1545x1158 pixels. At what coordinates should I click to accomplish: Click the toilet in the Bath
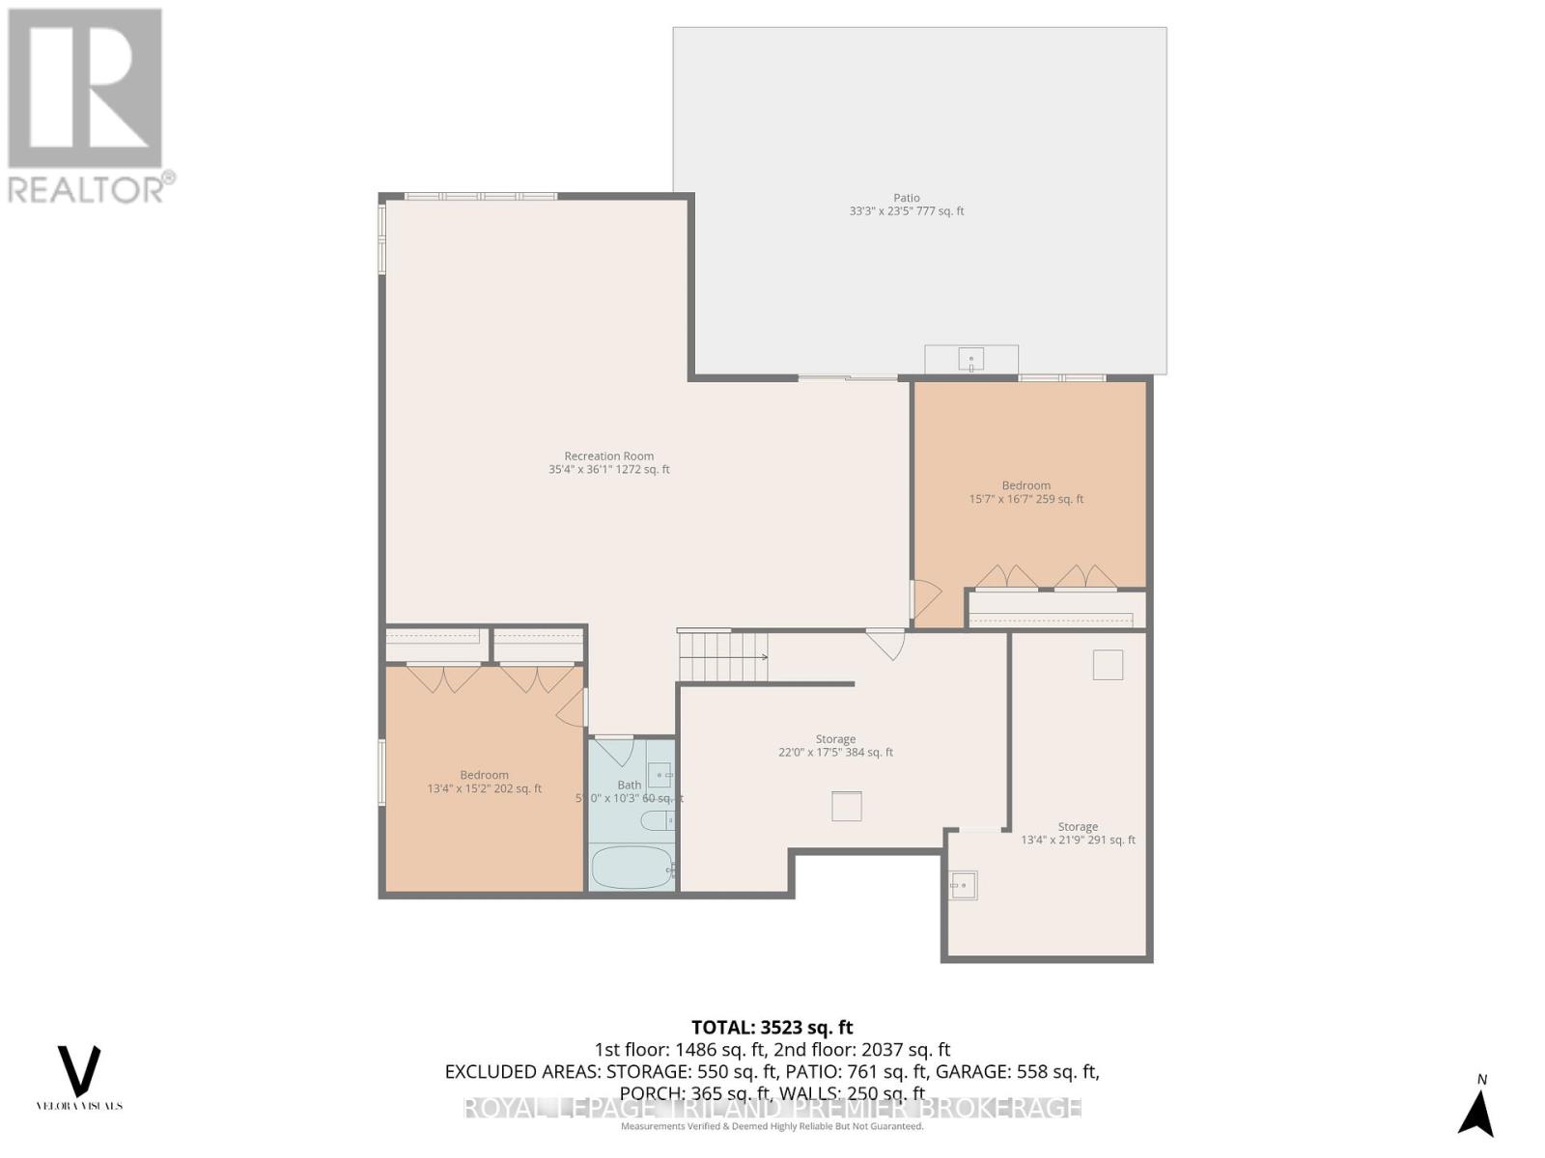(659, 821)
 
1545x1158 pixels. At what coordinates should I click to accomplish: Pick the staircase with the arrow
(722, 657)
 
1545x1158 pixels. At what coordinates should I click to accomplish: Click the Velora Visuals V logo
(79, 1070)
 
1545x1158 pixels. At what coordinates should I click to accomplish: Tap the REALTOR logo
(87, 106)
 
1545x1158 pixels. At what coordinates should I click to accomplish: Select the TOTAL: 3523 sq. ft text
(772, 1028)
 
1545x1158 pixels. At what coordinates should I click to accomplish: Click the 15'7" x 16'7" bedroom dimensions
(1025, 499)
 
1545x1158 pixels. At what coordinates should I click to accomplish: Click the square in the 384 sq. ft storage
(846, 806)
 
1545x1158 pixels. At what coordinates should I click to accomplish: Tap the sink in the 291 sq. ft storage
(963, 884)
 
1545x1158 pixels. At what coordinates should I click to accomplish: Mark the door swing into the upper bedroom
(924, 598)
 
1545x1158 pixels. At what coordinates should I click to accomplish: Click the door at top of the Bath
(613, 750)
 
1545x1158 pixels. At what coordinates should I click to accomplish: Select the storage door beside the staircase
(885, 643)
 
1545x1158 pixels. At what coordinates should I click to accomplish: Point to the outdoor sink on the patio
(970, 360)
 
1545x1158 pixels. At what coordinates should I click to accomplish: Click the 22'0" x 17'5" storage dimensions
(835, 753)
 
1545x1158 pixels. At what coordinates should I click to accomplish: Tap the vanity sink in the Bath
(660, 774)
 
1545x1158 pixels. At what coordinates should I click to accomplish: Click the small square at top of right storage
(1108, 665)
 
